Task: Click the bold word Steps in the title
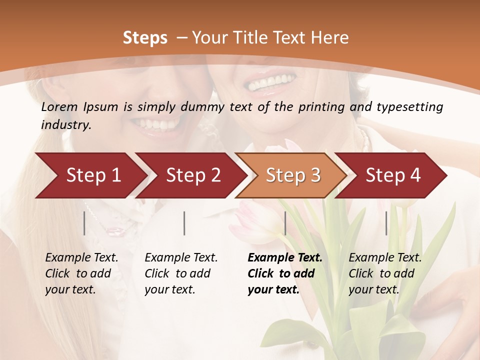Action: (x=145, y=38)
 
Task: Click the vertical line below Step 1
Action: (x=84, y=223)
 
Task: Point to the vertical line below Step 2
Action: (x=184, y=223)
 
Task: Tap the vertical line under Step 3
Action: (x=285, y=223)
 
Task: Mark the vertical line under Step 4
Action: (x=386, y=223)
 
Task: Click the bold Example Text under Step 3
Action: (x=285, y=258)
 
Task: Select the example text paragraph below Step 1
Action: (x=81, y=273)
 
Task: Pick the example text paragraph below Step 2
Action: (x=181, y=273)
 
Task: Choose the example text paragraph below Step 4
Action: (x=385, y=273)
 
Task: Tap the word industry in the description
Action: (x=66, y=125)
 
